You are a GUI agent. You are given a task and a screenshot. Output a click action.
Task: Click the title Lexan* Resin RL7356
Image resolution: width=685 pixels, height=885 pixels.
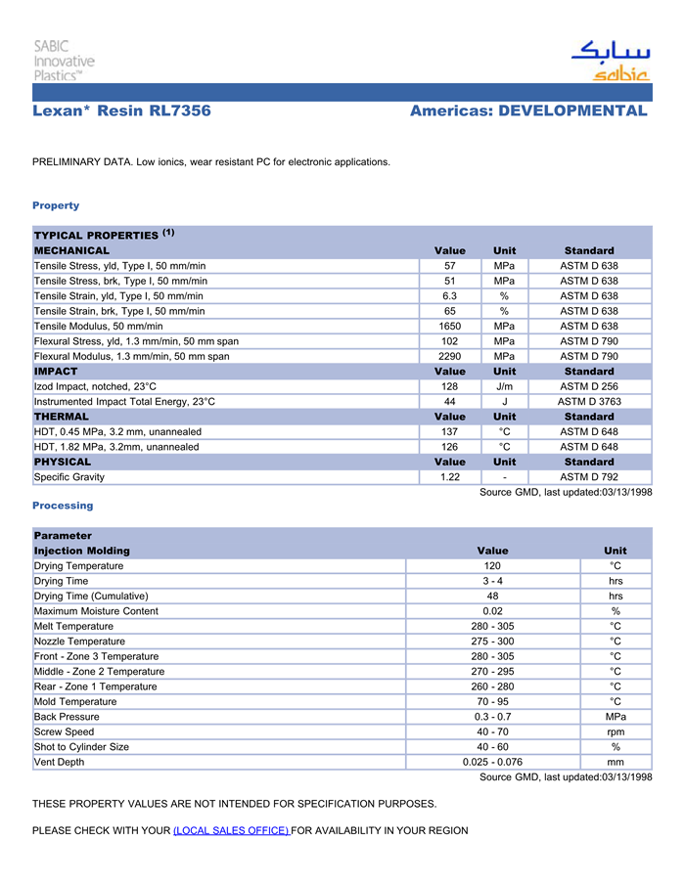click(x=121, y=111)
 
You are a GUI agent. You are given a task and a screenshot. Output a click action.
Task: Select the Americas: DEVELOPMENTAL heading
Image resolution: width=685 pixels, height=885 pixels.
click(x=528, y=111)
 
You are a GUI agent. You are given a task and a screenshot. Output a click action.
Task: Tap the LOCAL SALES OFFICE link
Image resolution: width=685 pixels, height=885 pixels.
click(x=231, y=830)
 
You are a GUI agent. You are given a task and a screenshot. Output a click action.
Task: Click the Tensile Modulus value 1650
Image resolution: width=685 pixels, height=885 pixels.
click(x=450, y=326)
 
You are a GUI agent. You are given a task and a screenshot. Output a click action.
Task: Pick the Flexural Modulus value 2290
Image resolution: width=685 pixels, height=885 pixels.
click(x=450, y=356)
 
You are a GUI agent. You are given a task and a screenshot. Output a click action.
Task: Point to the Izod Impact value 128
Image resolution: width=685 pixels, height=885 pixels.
click(x=450, y=386)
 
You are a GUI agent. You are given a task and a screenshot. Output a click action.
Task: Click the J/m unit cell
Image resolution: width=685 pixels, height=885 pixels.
click(x=504, y=386)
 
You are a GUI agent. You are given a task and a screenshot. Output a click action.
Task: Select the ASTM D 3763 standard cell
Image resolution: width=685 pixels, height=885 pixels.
click(x=589, y=401)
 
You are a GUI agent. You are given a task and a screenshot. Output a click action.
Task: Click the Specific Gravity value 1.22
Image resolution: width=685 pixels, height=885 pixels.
click(x=450, y=476)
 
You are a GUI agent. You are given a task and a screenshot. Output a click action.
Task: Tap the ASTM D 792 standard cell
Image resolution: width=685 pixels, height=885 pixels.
click(x=589, y=476)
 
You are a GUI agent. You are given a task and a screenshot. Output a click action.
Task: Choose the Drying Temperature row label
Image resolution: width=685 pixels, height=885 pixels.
click(x=79, y=565)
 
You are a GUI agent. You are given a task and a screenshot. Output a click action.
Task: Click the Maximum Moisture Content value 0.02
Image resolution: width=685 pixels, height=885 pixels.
click(x=492, y=611)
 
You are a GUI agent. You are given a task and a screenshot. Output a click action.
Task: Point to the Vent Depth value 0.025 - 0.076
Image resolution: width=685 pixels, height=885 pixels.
click(x=492, y=762)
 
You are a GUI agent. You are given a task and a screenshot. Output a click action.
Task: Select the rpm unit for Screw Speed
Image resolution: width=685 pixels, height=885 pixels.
click(x=616, y=731)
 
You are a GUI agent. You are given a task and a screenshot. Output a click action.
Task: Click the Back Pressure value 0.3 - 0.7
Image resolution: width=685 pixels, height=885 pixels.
click(x=492, y=717)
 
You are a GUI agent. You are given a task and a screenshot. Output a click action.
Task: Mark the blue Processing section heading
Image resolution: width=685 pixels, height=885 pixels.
click(x=63, y=506)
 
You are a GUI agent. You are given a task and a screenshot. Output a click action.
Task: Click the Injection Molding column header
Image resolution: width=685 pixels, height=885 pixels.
click(x=82, y=551)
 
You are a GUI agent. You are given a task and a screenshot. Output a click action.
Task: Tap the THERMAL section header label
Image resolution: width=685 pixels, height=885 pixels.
click(x=62, y=417)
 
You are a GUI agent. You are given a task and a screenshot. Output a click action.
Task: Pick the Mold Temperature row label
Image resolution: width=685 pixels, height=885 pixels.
click(x=75, y=701)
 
